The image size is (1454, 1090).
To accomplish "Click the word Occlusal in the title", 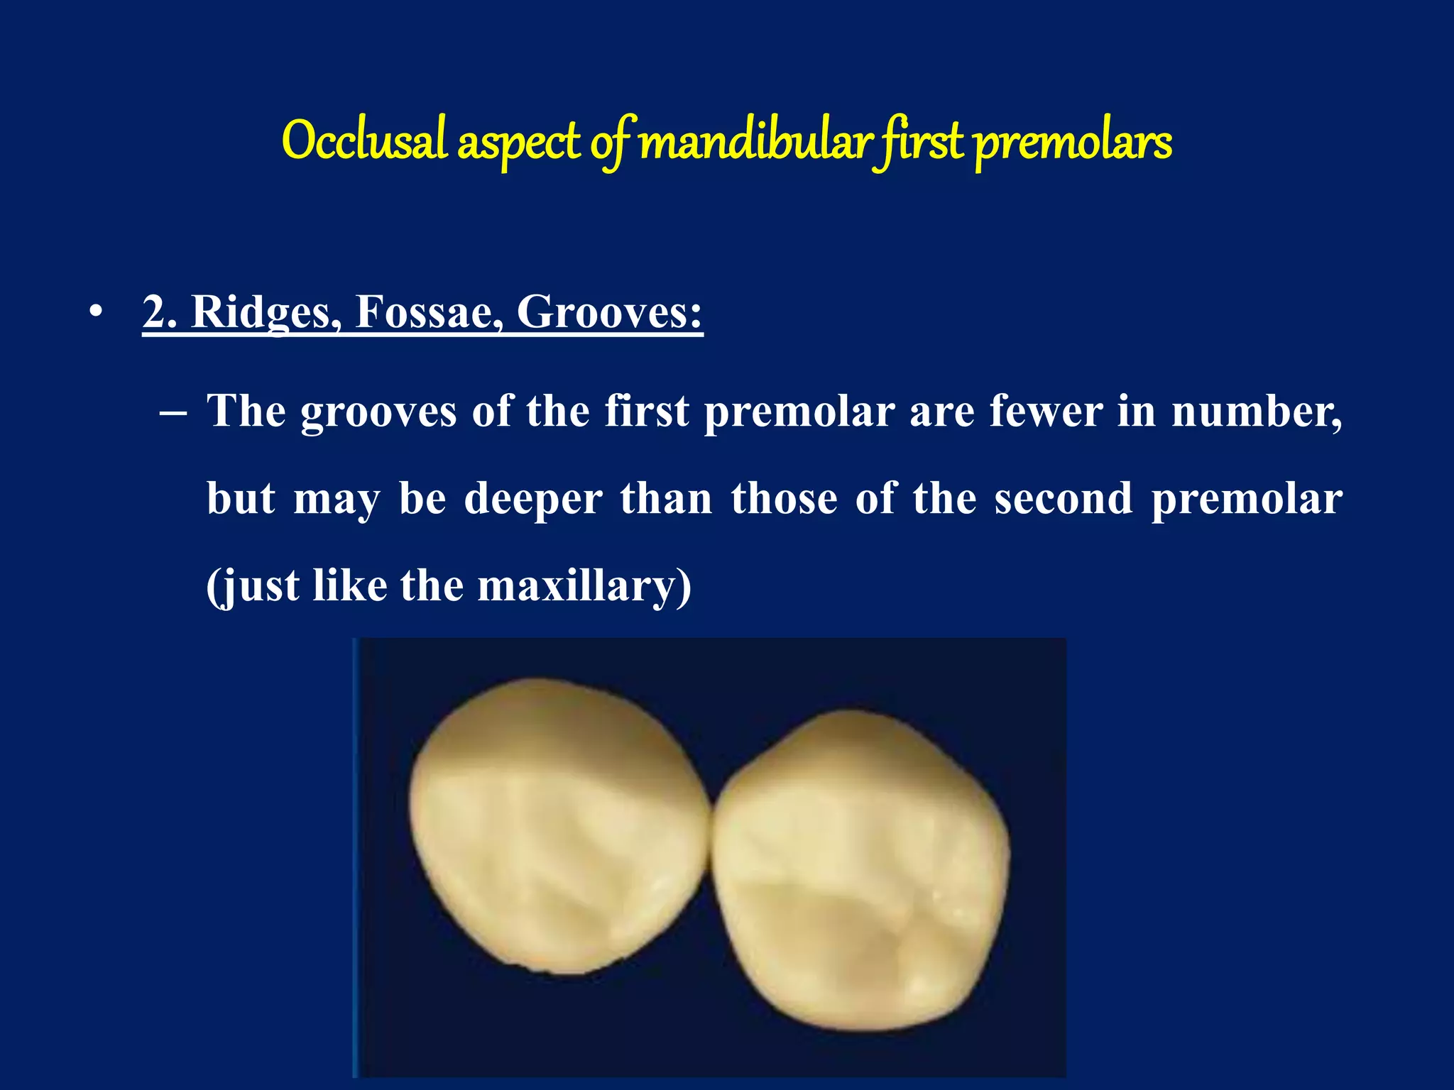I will (364, 141).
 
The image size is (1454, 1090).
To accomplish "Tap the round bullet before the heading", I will (96, 312).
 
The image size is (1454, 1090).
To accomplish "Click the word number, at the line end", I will (1257, 412).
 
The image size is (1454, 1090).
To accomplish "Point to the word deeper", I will (533, 499).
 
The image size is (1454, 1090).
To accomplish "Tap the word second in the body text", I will (1063, 498).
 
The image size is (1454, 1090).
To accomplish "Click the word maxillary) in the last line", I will (584, 586).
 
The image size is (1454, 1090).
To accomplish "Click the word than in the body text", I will (667, 498).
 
